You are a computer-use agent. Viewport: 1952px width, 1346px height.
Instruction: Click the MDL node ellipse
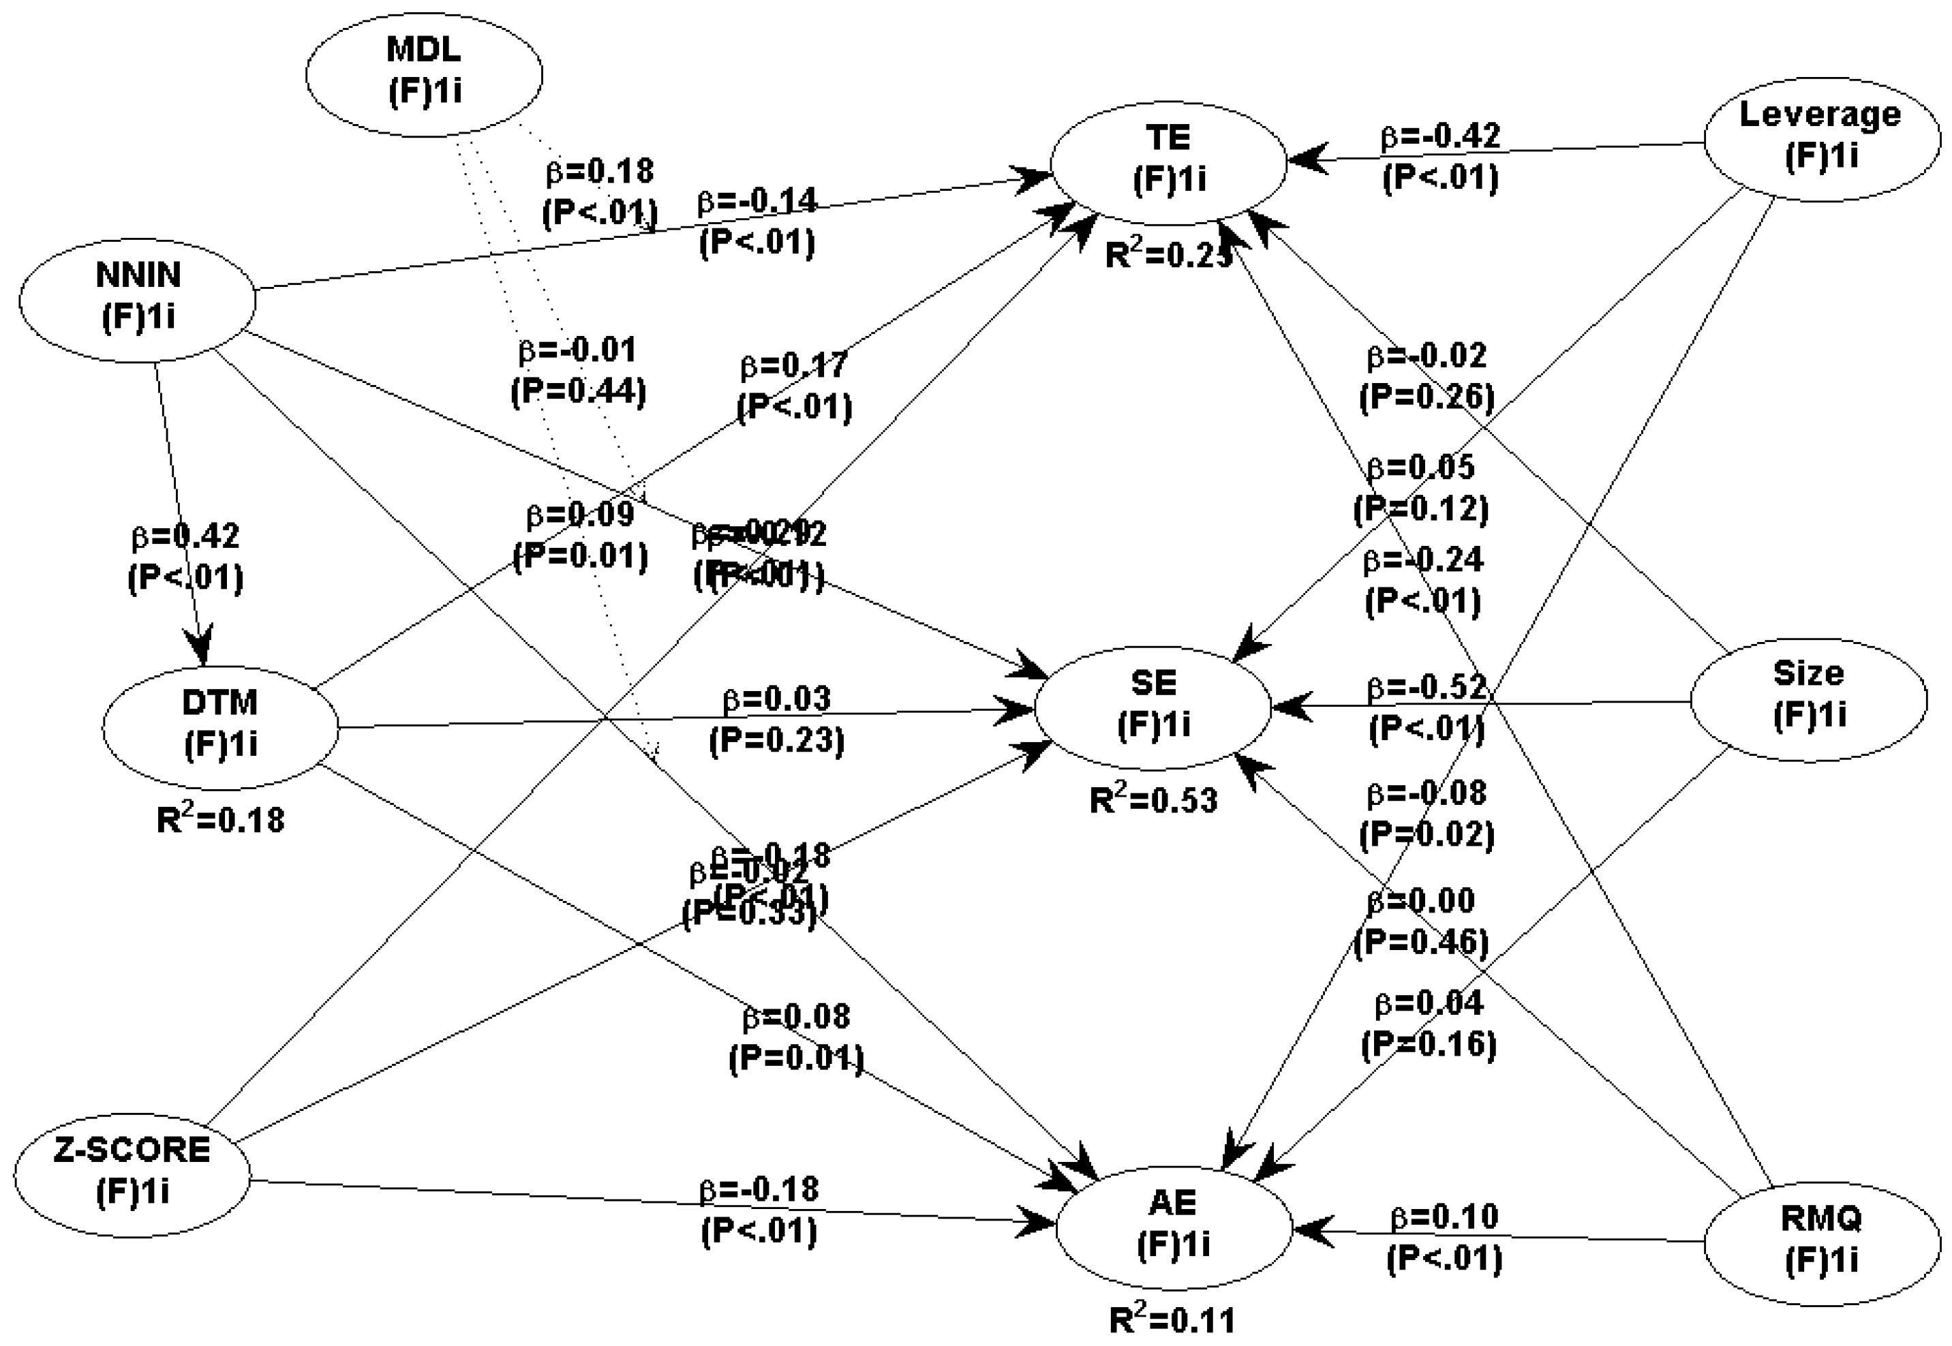[423, 74]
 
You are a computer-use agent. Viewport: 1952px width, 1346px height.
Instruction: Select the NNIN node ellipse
[138, 299]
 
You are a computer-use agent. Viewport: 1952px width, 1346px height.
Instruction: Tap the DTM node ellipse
[221, 727]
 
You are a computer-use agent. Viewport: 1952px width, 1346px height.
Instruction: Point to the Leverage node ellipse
[1821, 139]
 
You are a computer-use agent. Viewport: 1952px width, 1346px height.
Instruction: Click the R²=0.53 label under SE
[1153, 799]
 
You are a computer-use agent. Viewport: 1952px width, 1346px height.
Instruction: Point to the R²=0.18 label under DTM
[221, 819]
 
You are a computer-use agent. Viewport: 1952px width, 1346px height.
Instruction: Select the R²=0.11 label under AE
[1172, 1320]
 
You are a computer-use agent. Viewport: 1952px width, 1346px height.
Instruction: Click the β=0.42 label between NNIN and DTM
[185, 536]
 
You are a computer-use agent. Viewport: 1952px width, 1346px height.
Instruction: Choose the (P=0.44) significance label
[579, 392]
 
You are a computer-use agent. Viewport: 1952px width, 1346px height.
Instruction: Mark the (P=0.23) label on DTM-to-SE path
[776, 740]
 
